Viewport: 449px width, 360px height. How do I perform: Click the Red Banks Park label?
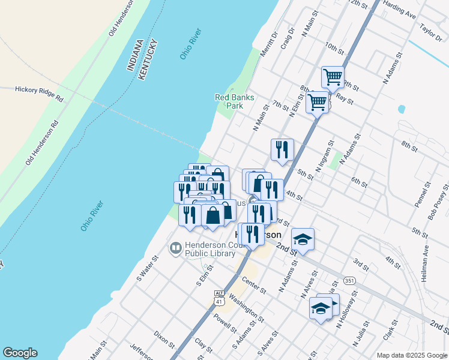click(x=235, y=101)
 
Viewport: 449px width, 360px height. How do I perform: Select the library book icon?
click(x=175, y=247)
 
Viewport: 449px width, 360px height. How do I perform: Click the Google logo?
click(x=20, y=353)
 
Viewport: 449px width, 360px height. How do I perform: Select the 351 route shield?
click(x=349, y=280)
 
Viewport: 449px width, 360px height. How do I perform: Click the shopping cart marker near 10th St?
click(x=333, y=77)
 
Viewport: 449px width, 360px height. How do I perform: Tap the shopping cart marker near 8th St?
click(x=316, y=101)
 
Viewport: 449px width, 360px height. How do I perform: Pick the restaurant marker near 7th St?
click(x=282, y=149)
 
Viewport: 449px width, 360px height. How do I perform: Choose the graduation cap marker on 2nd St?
click(x=303, y=239)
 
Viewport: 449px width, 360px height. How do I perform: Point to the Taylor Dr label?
click(x=431, y=29)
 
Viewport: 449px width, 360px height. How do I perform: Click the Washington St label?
click(x=246, y=307)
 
